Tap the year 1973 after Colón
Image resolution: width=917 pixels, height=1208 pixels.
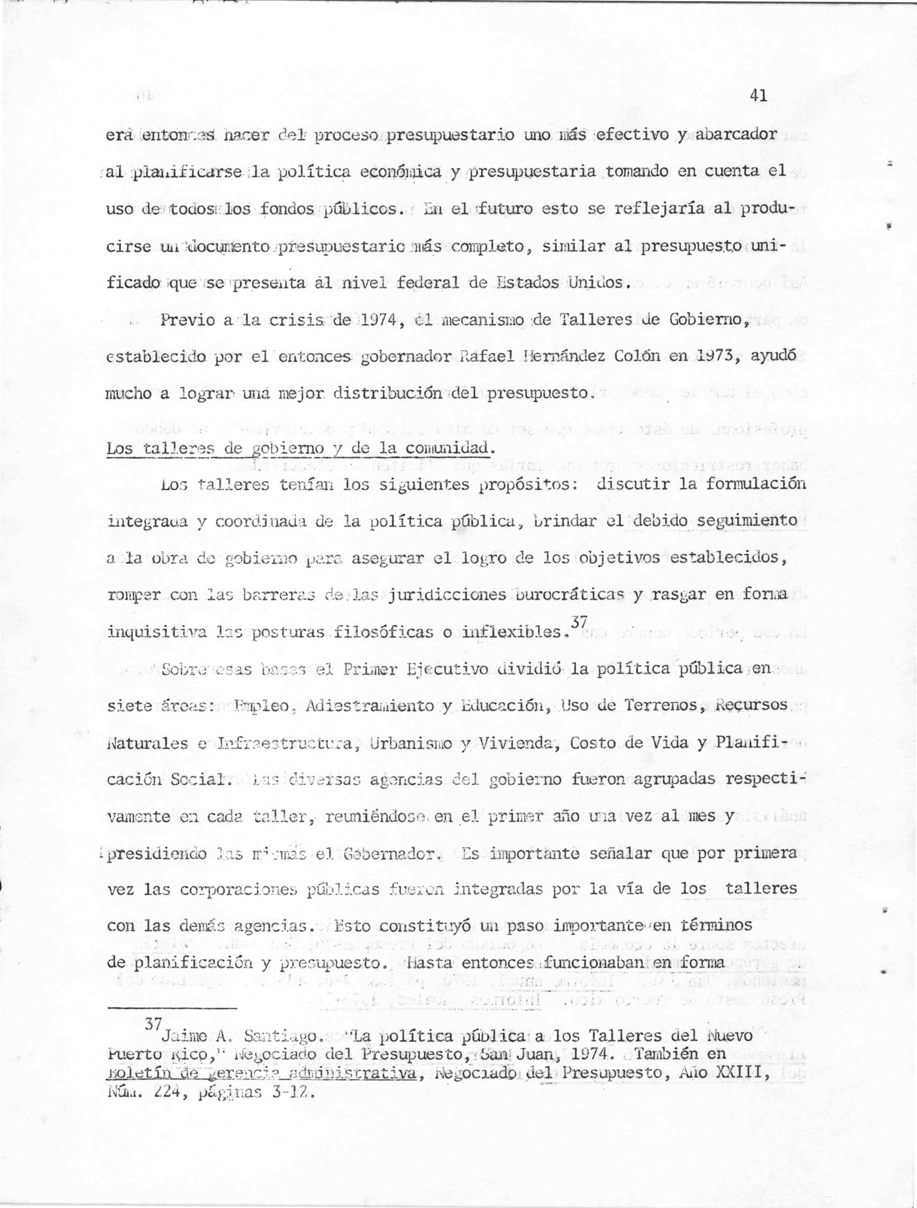click(x=710, y=358)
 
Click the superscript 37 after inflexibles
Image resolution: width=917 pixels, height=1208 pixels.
click(x=578, y=622)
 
